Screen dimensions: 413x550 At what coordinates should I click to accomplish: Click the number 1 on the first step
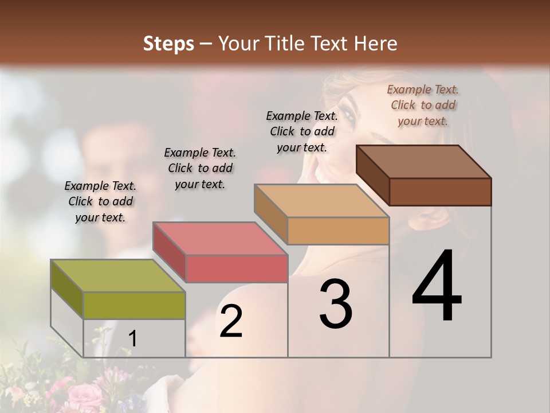(x=133, y=339)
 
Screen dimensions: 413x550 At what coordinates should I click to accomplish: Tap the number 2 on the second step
(x=231, y=321)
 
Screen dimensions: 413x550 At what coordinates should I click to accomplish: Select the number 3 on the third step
(x=336, y=304)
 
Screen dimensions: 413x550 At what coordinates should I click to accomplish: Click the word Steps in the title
(x=168, y=44)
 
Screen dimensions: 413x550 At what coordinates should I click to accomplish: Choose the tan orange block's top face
(x=321, y=201)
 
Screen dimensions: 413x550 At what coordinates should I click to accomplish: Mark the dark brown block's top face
(x=423, y=162)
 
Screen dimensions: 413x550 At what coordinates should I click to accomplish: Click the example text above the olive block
(x=100, y=201)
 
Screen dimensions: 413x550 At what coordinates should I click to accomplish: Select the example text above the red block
(x=200, y=168)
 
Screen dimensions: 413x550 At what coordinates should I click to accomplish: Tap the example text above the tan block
(x=302, y=131)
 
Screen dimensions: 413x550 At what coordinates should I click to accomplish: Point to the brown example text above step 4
(x=423, y=105)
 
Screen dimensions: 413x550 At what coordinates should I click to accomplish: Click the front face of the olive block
(x=134, y=305)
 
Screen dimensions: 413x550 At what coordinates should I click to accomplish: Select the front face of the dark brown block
(x=440, y=192)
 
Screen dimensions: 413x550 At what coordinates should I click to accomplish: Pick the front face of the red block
(x=237, y=268)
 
